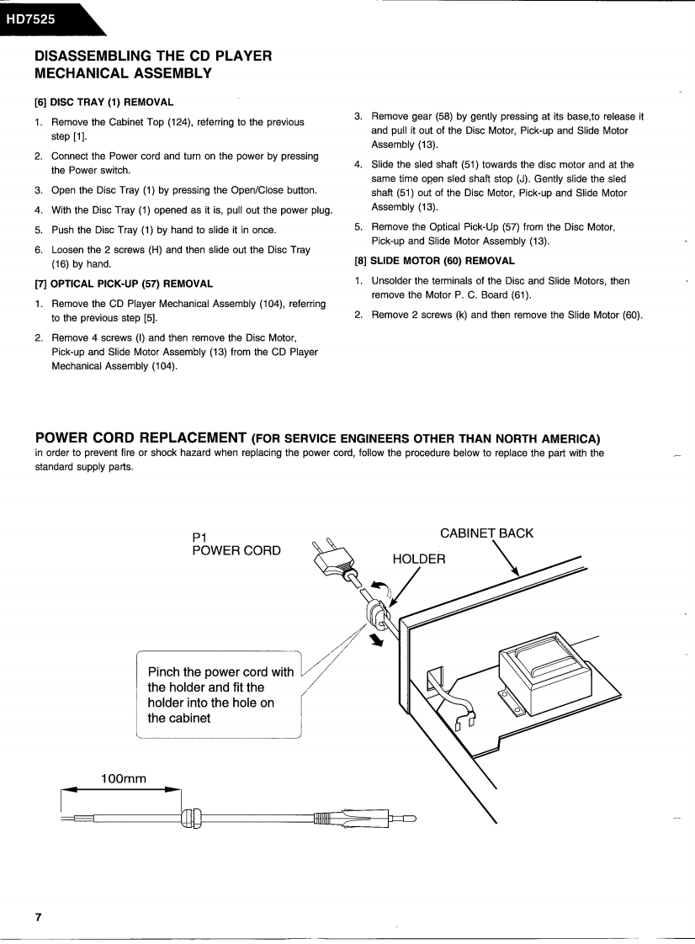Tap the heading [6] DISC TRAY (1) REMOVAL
[x=103, y=103]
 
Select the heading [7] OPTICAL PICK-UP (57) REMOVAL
[x=123, y=284]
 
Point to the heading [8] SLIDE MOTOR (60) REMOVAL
[x=434, y=261]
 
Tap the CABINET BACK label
[x=486, y=533]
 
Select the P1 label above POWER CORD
[x=199, y=536]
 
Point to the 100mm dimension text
[x=124, y=778]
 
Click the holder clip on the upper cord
[x=374, y=612]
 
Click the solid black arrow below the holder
[x=377, y=640]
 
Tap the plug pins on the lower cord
[x=402, y=817]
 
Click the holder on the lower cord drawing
[x=191, y=817]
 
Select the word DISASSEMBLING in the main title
[x=91, y=56]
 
